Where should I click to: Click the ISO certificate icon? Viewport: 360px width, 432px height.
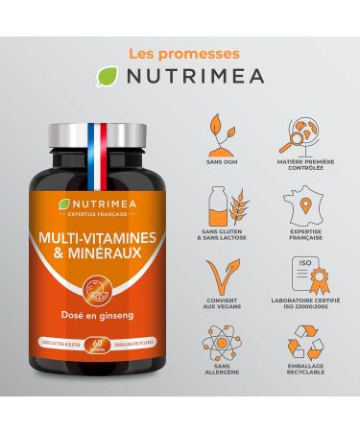(x=305, y=282)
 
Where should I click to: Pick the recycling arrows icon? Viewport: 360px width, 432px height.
(x=305, y=356)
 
